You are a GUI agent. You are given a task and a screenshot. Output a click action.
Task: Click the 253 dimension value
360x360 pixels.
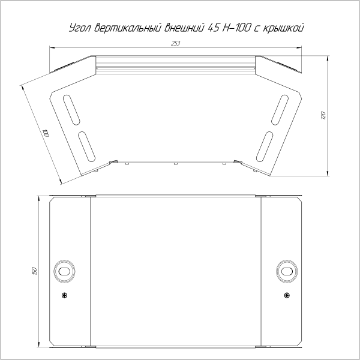tap(175, 43)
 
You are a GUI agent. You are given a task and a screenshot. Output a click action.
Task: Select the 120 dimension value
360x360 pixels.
tap(323, 114)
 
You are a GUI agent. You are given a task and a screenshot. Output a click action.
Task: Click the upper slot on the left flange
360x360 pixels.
tap(70, 109)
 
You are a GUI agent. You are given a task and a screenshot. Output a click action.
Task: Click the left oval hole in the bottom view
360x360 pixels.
tap(63, 271)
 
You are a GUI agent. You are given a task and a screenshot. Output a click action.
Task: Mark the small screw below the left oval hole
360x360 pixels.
tap(64, 295)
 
